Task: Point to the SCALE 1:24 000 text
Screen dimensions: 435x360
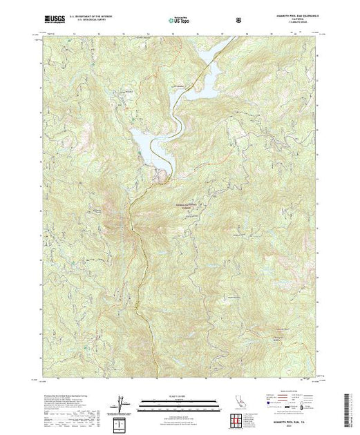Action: pyautogui.click(x=179, y=396)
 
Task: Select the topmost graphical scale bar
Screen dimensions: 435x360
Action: pyautogui.click(x=179, y=400)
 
